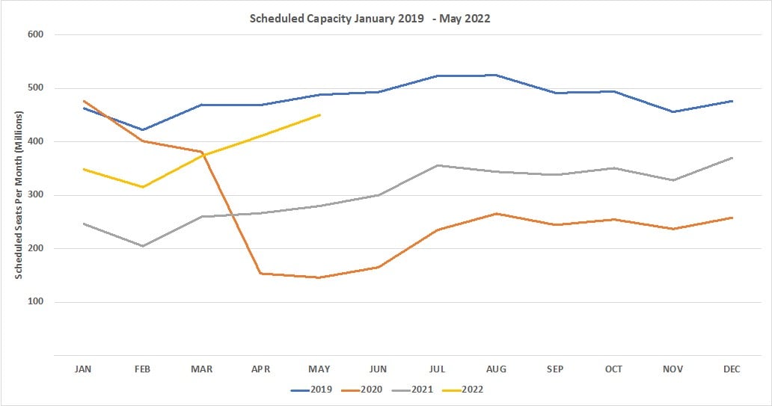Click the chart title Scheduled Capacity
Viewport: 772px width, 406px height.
pyautogui.click(x=370, y=19)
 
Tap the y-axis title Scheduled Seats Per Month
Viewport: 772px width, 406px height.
pyautogui.click(x=19, y=194)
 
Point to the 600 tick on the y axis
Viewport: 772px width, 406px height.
pyautogui.click(x=34, y=34)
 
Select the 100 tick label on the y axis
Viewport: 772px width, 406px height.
pyautogui.click(x=34, y=302)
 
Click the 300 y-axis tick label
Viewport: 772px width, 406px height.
pyautogui.click(x=34, y=195)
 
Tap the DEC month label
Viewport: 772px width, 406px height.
pyautogui.click(x=732, y=369)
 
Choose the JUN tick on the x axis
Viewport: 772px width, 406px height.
pyautogui.click(x=379, y=369)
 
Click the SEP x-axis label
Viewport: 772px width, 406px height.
pyautogui.click(x=555, y=369)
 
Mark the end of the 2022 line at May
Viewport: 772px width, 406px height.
pyautogui.click(x=320, y=115)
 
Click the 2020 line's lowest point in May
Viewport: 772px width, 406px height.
pyautogui.click(x=319, y=277)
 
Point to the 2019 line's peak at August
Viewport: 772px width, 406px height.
pyautogui.click(x=497, y=75)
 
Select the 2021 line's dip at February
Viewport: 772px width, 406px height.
pyautogui.click(x=142, y=246)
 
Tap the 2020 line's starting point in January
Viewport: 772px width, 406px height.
pyautogui.click(x=84, y=101)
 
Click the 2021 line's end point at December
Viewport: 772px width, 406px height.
pyautogui.click(x=732, y=158)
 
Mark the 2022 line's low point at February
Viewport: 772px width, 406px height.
pyautogui.click(x=142, y=187)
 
